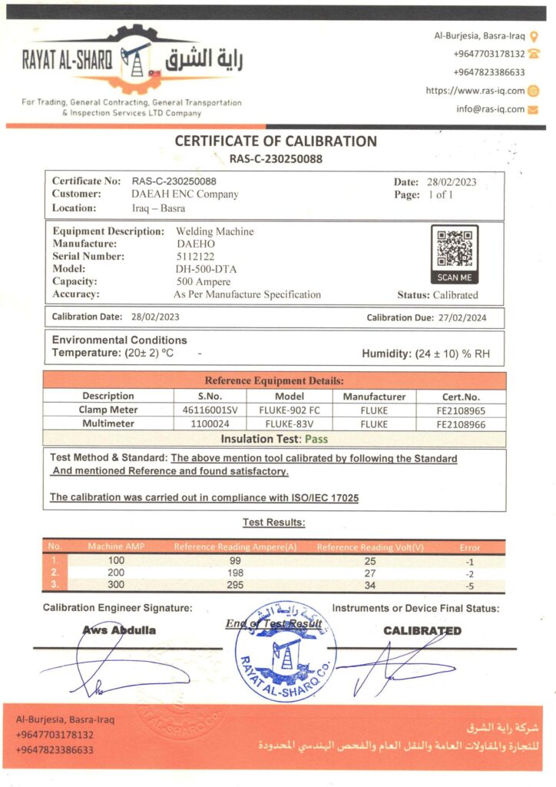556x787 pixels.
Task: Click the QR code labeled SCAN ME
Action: pyautogui.click(x=454, y=249)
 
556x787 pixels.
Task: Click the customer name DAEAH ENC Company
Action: pyautogui.click(x=184, y=194)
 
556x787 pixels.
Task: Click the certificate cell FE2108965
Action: pyautogui.click(x=460, y=410)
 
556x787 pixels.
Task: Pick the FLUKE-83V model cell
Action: pyautogui.click(x=289, y=423)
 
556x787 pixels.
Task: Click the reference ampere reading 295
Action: pyautogui.click(x=236, y=586)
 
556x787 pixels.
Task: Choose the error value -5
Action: pyautogui.click(x=469, y=586)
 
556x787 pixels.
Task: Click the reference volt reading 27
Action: pyautogui.click(x=370, y=573)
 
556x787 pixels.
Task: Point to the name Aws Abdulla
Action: pyautogui.click(x=119, y=630)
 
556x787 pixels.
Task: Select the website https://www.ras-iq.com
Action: pyautogui.click(x=475, y=91)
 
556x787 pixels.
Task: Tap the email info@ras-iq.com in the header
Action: pyautogui.click(x=490, y=109)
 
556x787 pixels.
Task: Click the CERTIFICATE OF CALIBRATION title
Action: pyautogui.click(x=276, y=141)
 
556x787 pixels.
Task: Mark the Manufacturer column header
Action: pyautogui.click(x=374, y=397)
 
